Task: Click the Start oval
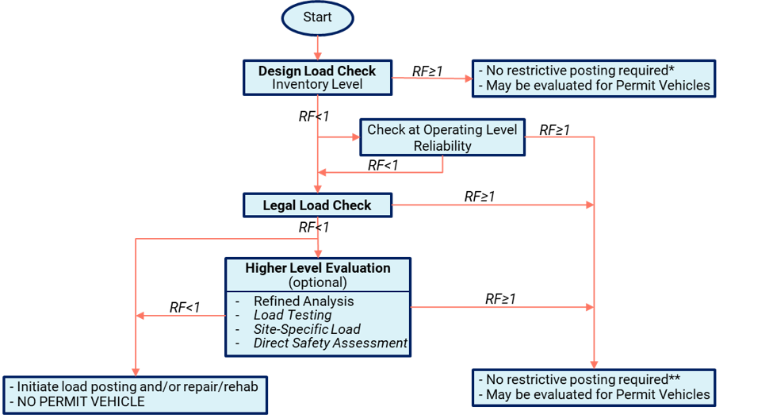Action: tap(317, 17)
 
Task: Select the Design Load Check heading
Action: tap(317, 71)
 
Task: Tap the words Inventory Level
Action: tap(317, 84)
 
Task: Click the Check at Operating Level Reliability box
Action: tap(442, 137)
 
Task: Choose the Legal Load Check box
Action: tap(317, 205)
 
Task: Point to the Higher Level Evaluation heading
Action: tap(317, 268)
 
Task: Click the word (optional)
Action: tap(317, 282)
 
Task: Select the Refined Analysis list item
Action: tap(303, 301)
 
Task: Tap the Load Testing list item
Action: tap(292, 315)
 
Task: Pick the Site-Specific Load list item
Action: tap(306, 329)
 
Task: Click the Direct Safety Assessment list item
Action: tap(330, 343)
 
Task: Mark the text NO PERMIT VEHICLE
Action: tap(78, 401)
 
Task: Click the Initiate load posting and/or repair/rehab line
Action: tap(135, 386)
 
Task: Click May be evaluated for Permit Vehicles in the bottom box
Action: tap(594, 394)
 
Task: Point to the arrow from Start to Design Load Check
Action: tap(317, 46)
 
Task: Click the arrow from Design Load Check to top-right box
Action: tap(432, 79)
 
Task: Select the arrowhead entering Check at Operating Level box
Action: tap(354, 137)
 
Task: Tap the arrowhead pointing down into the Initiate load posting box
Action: tap(136, 370)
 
